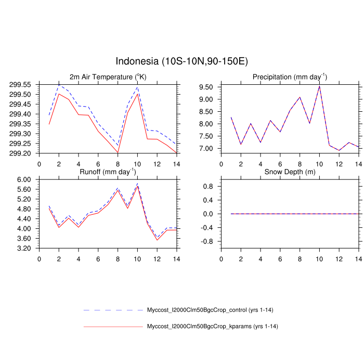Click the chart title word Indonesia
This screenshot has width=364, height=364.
coord(137,61)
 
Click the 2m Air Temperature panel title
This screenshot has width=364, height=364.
coord(108,77)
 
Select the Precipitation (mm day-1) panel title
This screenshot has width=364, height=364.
coord(289,77)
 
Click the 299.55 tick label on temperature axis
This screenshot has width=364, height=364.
coord(19,84)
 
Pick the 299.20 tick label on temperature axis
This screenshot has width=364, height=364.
coord(19,153)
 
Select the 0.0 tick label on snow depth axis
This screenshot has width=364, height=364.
coord(208,214)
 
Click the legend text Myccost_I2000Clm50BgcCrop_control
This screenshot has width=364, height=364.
coord(211,310)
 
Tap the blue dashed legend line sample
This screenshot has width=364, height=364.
coord(113,310)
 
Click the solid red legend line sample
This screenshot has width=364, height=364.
coord(113,327)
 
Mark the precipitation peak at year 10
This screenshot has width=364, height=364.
coord(319,86)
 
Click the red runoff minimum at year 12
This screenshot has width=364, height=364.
coord(157,240)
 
